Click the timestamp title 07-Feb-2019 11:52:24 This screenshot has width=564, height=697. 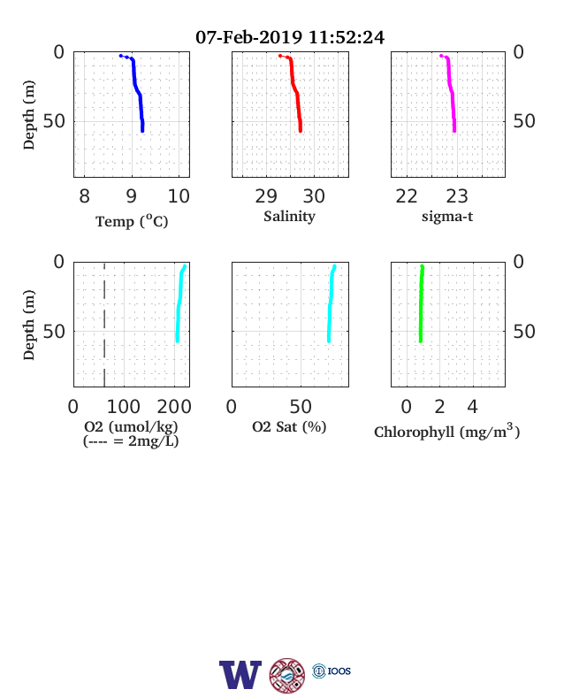click(x=290, y=37)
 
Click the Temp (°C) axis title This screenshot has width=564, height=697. click(x=132, y=221)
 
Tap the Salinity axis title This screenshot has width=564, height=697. click(x=290, y=216)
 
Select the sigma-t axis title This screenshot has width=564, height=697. click(x=447, y=217)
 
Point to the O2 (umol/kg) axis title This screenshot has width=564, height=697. click(x=131, y=426)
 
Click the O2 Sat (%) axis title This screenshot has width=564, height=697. click(x=289, y=426)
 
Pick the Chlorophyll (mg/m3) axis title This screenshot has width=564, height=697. click(x=446, y=431)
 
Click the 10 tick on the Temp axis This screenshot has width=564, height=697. click(x=179, y=196)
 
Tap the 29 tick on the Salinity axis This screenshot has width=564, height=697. click(x=266, y=196)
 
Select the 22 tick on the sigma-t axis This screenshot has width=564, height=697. click(x=407, y=196)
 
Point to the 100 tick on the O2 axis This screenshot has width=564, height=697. click(x=124, y=406)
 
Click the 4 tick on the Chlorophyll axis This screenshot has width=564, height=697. click(x=473, y=406)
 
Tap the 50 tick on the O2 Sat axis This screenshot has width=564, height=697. click(x=301, y=406)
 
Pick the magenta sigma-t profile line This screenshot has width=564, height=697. click(x=451, y=91)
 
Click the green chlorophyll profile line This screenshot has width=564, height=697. click(x=421, y=304)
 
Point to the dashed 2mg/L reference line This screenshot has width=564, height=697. click(x=104, y=325)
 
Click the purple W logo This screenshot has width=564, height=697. click(x=240, y=674)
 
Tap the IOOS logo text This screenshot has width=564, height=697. click(x=339, y=670)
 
